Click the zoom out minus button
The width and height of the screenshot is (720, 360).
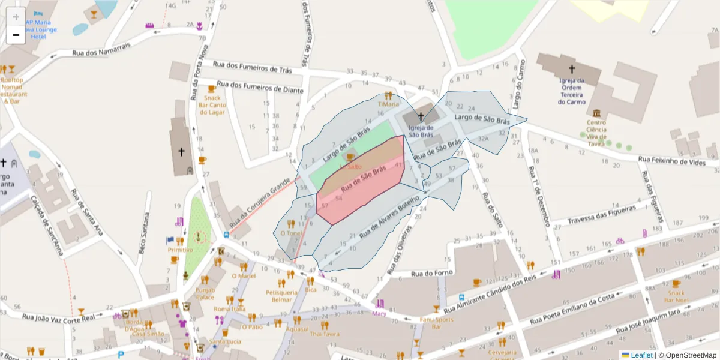16,35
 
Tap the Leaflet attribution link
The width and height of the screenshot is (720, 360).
641,355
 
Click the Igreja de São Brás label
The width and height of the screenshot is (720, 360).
421,131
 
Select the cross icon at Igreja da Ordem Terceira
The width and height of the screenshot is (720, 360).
572,69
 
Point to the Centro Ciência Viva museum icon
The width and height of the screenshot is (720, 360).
596,113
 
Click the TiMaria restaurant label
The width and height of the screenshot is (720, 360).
388,104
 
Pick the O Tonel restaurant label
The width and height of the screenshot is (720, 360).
291,233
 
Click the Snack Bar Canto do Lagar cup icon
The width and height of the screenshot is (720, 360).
212,89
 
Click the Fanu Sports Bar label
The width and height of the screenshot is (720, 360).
436,323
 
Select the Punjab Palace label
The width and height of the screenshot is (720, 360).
205,293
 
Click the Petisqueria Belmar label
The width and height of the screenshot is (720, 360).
282,296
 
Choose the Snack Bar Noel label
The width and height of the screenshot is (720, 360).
676,296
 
